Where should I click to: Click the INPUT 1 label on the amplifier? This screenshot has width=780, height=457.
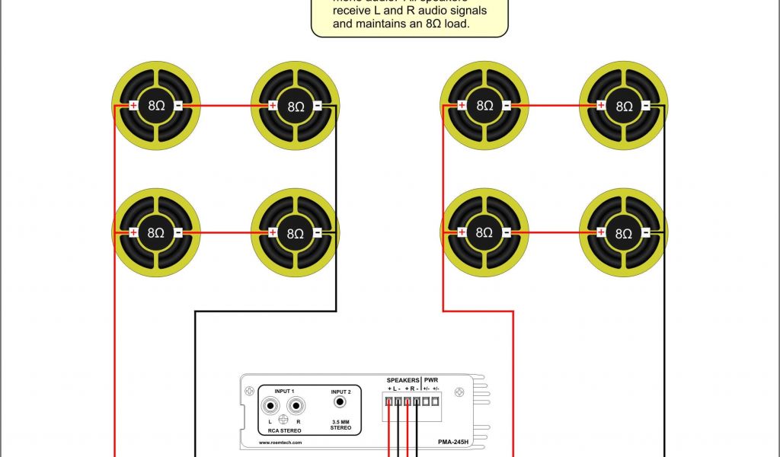pos(284,390)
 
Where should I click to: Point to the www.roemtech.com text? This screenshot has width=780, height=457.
pos(280,442)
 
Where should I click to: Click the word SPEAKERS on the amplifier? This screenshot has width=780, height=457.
pos(402,379)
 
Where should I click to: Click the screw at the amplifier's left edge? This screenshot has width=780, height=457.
pos(249,391)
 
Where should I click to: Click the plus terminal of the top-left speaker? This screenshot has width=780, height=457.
pos(133,107)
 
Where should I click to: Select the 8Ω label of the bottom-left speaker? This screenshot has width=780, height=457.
pos(155,233)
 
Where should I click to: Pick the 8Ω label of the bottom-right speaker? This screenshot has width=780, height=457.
pos(623,233)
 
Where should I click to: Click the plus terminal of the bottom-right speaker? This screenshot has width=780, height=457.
pos(601,233)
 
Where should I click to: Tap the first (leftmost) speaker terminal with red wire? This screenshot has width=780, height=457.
pos(389,401)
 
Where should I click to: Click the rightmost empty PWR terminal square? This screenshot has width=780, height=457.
pos(436,401)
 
